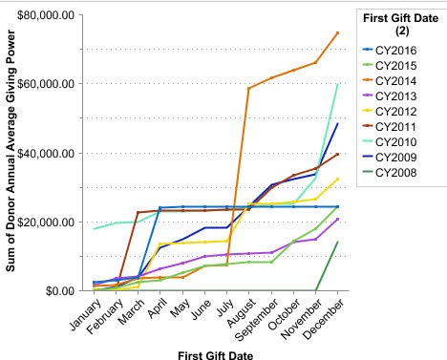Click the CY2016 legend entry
coord(395,47)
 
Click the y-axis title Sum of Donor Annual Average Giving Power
coord(11,153)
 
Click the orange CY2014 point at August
coord(249,88)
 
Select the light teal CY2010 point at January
coord(94,228)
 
